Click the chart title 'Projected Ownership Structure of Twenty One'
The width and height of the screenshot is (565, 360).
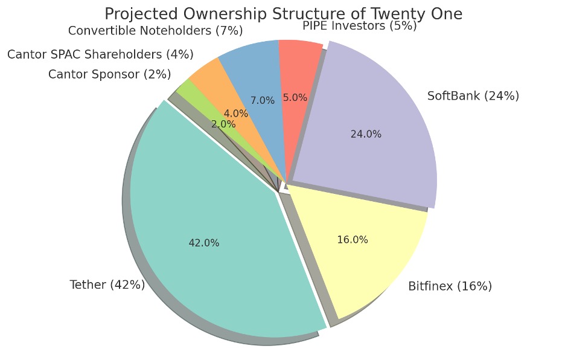[x=283, y=14]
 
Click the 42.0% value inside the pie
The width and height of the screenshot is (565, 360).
[x=204, y=243]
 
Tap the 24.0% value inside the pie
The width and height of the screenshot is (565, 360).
[x=366, y=134]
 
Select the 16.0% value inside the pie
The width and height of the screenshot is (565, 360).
[x=353, y=240]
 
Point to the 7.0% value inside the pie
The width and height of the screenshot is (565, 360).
[x=263, y=100]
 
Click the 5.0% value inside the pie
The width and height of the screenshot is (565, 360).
[x=295, y=97]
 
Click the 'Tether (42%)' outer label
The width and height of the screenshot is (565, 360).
[x=107, y=284]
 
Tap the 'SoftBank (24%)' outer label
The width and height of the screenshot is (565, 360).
[x=473, y=95]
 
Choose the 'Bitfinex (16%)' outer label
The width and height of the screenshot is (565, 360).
[x=450, y=286]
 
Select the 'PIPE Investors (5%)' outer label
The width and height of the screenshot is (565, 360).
[x=359, y=25]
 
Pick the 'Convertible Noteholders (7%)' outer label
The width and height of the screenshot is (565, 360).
[x=155, y=30]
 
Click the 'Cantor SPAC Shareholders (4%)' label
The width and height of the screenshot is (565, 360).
[x=100, y=54]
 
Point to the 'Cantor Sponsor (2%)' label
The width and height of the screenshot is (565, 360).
[x=109, y=74]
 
